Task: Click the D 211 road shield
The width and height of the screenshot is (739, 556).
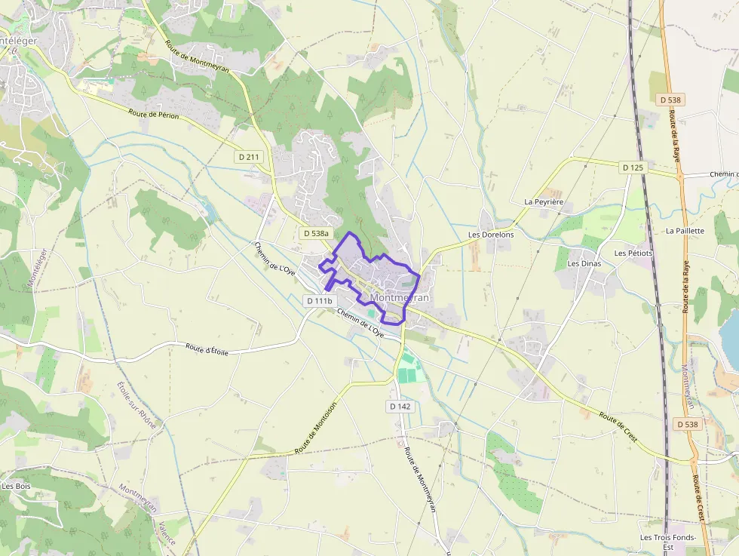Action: (x=248, y=157)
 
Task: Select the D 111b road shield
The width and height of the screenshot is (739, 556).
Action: (x=319, y=300)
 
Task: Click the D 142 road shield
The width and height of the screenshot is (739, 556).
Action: (x=400, y=406)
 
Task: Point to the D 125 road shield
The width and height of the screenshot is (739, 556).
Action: (x=633, y=167)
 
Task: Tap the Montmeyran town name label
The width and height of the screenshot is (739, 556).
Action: (x=400, y=298)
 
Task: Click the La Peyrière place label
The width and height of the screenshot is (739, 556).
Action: (x=544, y=202)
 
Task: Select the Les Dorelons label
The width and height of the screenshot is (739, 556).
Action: (x=491, y=235)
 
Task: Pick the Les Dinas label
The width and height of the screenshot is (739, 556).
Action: (x=584, y=263)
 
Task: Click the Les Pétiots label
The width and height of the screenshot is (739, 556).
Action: (x=633, y=253)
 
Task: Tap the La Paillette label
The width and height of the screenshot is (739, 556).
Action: (x=685, y=231)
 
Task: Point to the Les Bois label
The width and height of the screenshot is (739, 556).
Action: (x=16, y=486)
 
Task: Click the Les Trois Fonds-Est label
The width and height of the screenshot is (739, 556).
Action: (x=657, y=542)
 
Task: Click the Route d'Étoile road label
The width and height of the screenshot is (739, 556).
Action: (x=207, y=350)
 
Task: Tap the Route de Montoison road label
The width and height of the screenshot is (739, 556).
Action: (x=316, y=426)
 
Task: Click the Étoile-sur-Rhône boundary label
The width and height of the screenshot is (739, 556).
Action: (x=136, y=405)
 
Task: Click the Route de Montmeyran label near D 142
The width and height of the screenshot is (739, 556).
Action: (x=420, y=480)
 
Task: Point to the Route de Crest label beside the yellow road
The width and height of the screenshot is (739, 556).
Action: (x=618, y=427)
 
